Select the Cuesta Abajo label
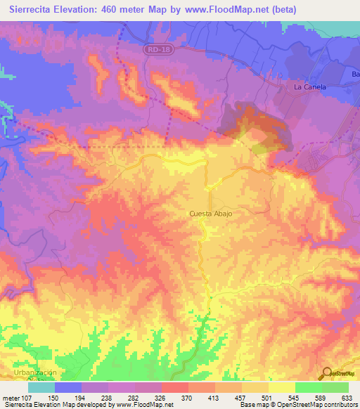(x=210, y=214)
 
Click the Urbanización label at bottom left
(x=34, y=372)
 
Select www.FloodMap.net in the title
(x=227, y=9)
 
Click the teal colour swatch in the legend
(x=41, y=387)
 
